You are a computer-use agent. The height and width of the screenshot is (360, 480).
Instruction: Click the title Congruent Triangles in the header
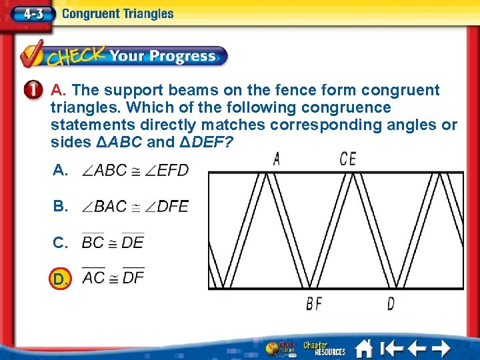[117, 14]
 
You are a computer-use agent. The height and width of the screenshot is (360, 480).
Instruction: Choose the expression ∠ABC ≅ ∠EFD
[135, 170]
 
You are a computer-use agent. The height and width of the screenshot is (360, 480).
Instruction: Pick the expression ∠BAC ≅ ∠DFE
[135, 206]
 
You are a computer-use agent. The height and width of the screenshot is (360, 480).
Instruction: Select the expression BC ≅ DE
[113, 242]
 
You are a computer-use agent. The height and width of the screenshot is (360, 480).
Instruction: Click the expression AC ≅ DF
[113, 277]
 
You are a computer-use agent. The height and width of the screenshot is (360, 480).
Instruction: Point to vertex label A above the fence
[277, 159]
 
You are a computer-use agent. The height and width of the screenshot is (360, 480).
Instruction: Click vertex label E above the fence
[351, 159]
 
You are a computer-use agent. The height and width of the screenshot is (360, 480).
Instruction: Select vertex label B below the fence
[309, 304]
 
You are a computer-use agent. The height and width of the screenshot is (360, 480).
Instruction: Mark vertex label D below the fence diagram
[391, 304]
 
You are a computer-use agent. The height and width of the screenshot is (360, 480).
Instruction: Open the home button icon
[363, 348]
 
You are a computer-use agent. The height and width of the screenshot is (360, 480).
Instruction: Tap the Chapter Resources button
[324, 348]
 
